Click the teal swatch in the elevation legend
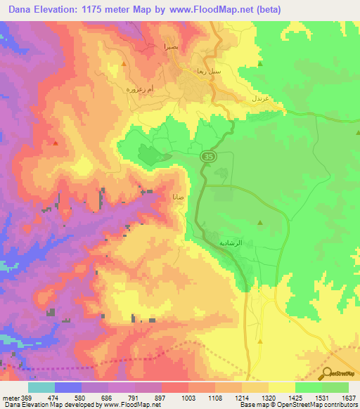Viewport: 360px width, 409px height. tap(41, 387)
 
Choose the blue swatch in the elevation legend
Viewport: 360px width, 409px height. tap(68, 387)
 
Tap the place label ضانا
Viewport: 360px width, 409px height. tap(179, 197)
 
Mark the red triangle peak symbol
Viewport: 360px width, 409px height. tap(55, 143)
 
